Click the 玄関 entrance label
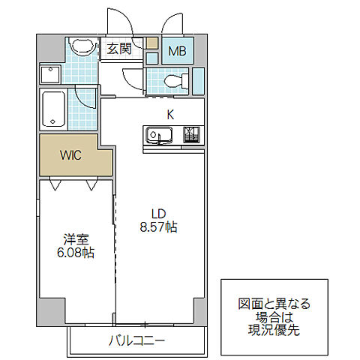(119, 49)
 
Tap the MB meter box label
(178, 51)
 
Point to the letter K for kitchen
(170, 114)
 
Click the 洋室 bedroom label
(76, 240)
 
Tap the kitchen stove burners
(192, 136)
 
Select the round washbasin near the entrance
(81, 49)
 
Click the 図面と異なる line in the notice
(274, 304)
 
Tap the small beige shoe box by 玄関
(153, 43)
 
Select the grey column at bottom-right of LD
(199, 307)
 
